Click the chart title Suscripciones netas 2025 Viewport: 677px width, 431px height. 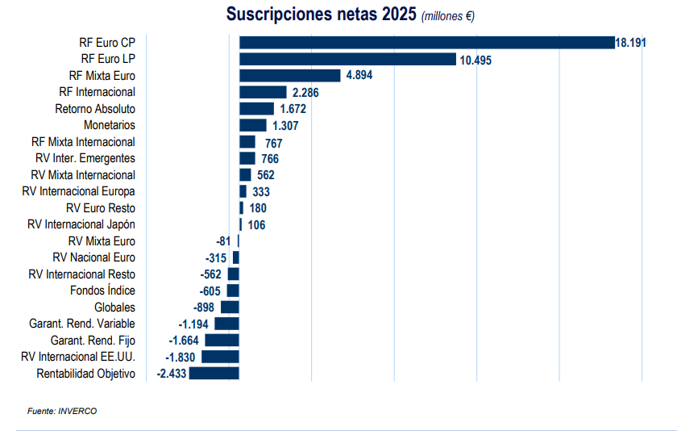[x=322, y=15]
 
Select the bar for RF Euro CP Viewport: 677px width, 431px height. [x=426, y=42]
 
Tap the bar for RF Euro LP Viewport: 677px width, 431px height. [x=347, y=59]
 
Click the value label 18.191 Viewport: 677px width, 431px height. [x=630, y=43]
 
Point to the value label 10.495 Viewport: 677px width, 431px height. [x=476, y=60]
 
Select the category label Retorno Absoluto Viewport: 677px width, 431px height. [x=95, y=109]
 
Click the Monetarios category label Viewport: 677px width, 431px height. [x=110, y=125]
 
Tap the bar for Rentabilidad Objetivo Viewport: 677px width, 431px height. [x=214, y=373]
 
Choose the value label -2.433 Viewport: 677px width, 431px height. [x=172, y=374]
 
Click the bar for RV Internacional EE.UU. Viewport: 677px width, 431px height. [x=220, y=357]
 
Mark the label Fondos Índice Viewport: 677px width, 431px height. [x=102, y=291]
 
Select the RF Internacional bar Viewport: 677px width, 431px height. [x=263, y=92]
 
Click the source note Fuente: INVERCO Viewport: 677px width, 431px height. [x=62, y=411]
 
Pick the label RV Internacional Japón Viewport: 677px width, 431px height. [x=81, y=224]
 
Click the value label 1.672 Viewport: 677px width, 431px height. [x=295, y=109]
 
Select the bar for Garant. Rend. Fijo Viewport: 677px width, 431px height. [x=222, y=340]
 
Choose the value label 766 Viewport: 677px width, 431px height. [x=270, y=159]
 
